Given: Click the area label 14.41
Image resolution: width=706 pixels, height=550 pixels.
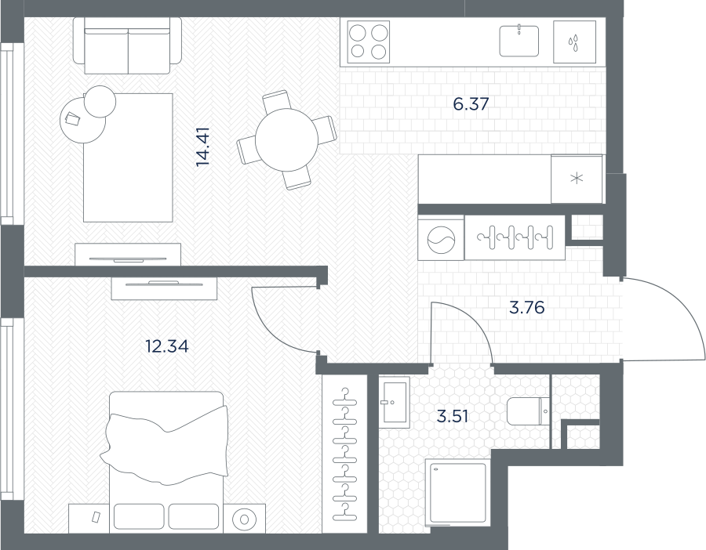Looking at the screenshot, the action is pyautogui.click(x=203, y=147).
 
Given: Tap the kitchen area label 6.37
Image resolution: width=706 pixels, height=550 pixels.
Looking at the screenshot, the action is pyautogui.click(x=471, y=104).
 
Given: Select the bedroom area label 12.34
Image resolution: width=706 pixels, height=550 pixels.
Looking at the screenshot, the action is pyautogui.click(x=166, y=346).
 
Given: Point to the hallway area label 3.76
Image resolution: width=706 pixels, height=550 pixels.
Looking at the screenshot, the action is pyautogui.click(x=527, y=308).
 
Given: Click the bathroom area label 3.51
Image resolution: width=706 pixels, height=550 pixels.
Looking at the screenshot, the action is pyautogui.click(x=453, y=417).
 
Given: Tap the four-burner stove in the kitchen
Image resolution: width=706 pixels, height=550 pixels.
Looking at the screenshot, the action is pyautogui.click(x=369, y=42).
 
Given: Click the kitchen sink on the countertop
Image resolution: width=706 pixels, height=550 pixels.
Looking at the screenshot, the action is pyautogui.click(x=519, y=41).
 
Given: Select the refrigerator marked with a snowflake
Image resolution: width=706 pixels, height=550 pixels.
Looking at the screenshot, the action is pyautogui.click(x=577, y=179).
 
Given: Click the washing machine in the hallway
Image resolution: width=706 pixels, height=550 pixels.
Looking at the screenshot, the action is pyautogui.click(x=441, y=238).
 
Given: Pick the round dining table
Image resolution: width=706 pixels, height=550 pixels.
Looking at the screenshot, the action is pyautogui.click(x=287, y=140).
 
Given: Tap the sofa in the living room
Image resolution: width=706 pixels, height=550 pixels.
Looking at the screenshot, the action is pyautogui.click(x=128, y=45).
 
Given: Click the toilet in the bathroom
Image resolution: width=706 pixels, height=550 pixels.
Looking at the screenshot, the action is pyautogui.click(x=528, y=411).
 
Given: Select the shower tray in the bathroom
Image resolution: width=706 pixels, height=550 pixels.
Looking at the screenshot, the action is pyautogui.click(x=458, y=493).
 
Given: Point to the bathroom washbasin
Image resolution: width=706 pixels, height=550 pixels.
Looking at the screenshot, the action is pyautogui.click(x=394, y=402).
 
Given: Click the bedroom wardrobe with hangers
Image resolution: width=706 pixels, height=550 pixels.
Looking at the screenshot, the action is pyautogui.click(x=345, y=454).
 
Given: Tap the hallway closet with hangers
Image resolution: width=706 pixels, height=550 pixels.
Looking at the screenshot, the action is pyautogui.click(x=515, y=238).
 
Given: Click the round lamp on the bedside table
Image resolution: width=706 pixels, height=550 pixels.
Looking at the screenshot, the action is pyautogui.click(x=245, y=519).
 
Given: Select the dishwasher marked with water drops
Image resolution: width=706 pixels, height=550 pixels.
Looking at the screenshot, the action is pyautogui.click(x=574, y=42).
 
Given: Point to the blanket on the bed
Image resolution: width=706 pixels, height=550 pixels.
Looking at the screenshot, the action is pyautogui.click(x=166, y=445).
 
